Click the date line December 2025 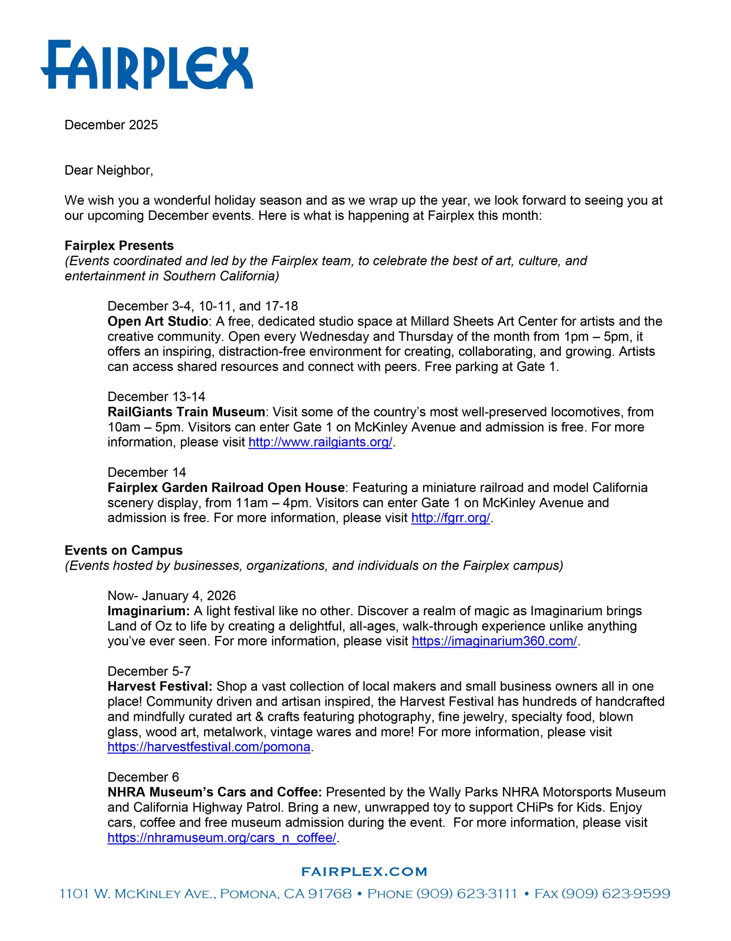coord(111,125)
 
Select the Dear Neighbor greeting coord(108,170)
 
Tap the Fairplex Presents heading coord(119,246)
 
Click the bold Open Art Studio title coord(158,321)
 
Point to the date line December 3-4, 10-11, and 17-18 coord(203,306)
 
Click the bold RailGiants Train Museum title coord(186,412)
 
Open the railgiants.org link coord(320,443)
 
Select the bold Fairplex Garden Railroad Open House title coord(226,488)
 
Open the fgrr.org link coord(450,518)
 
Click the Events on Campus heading coord(123,551)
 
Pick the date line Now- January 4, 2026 coord(171,596)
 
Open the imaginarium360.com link coord(494,641)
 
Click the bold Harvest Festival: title coord(160,686)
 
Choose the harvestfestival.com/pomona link coord(209,747)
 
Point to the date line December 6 coord(143,777)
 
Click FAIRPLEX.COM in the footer coord(364,872)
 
